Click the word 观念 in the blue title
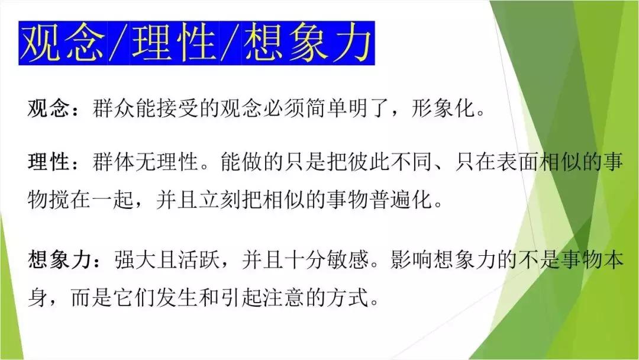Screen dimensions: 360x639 coord(63,43)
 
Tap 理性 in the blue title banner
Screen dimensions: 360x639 coord(175,43)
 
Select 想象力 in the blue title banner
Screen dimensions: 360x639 coord(308,43)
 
